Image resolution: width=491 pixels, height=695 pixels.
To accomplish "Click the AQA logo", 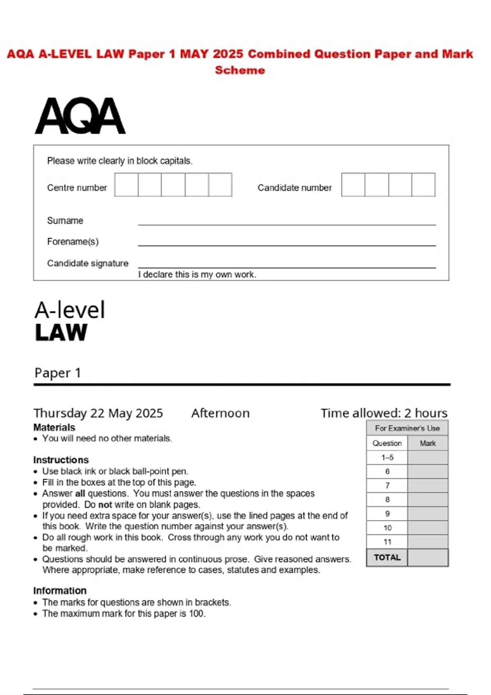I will pos(80,116).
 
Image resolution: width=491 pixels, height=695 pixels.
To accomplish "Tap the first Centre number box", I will pos(126,185).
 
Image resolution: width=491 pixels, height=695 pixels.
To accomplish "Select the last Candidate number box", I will pos(423,185).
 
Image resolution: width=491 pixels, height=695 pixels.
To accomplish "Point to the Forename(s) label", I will pos(73,242).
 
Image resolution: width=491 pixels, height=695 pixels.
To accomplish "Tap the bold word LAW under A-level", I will pos(61,332).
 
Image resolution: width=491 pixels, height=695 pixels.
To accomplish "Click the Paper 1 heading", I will pos(58,373).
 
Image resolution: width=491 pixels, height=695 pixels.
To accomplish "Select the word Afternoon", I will pos(220,413).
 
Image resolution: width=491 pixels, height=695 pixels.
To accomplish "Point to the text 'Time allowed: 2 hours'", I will pos(384,413).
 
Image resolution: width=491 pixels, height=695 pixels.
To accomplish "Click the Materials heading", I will pos(54,428).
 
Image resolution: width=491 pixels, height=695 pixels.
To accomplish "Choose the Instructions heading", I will pos(61,460).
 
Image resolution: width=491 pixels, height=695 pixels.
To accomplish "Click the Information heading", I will pos(60,591).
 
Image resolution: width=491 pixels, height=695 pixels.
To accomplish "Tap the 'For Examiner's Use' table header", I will pos(407,428).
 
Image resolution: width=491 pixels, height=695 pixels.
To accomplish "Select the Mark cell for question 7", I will pos(428,486).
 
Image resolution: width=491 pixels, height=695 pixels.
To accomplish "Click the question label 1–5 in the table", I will pos(387,457).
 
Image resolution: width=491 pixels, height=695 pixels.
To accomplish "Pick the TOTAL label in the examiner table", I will pos(387,558).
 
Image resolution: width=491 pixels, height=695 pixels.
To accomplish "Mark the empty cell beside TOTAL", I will pos(428,558).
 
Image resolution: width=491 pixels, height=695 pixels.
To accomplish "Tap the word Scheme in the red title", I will pos(240,70).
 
